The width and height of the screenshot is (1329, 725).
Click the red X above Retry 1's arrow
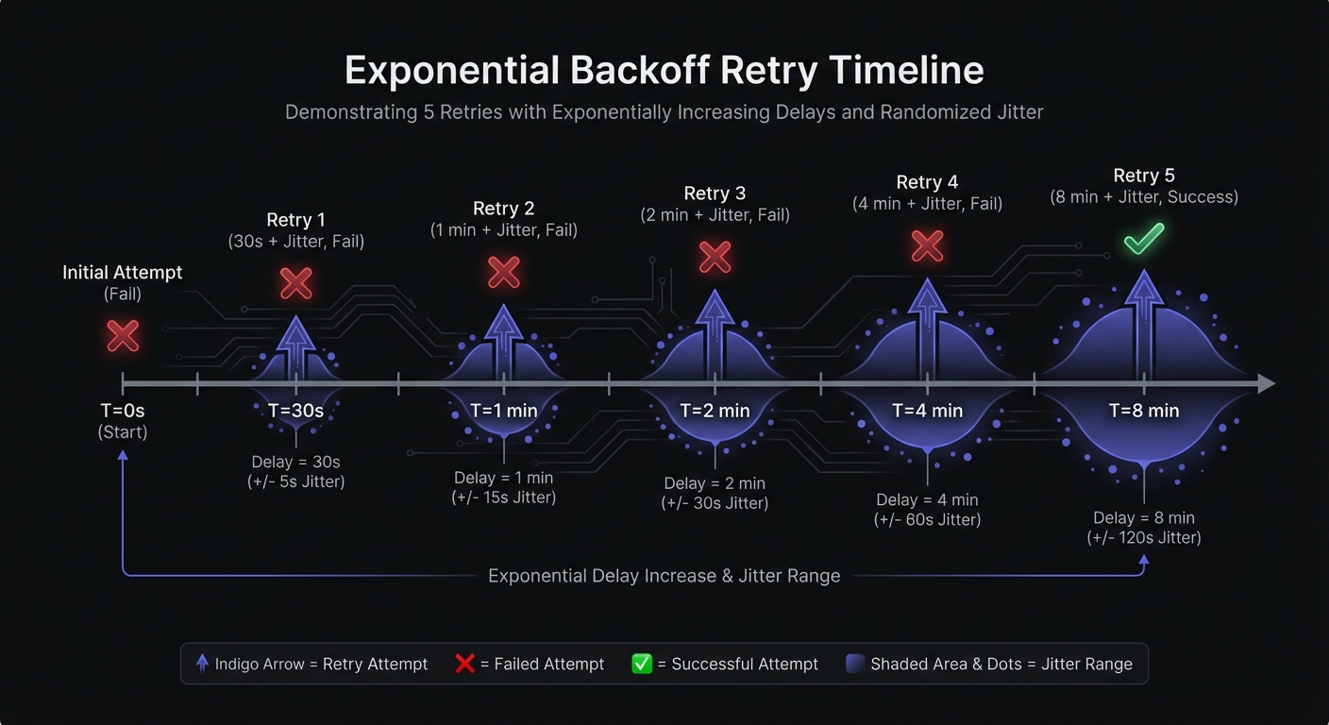(296, 283)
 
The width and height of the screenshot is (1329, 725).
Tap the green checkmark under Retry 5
(1144, 239)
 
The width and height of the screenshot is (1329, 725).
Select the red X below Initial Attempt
(123, 336)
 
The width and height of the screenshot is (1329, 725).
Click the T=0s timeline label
(122, 411)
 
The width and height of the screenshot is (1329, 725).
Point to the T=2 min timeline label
(715, 411)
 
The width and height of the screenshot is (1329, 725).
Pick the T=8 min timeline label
(1144, 411)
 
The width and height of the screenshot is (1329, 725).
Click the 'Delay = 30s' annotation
(296, 462)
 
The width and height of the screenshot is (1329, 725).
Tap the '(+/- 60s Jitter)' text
(927, 520)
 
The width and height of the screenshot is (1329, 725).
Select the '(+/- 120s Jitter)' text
(1144, 537)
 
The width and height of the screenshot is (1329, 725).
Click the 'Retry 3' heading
(715, 194)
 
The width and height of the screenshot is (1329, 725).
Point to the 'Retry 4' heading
(927, 182)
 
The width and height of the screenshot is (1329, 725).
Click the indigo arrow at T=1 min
(504, 342)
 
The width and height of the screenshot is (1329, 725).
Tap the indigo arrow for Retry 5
(1144, 325)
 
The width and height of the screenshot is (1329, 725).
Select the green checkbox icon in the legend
(642, 664)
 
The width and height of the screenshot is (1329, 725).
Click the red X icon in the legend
(464, 664)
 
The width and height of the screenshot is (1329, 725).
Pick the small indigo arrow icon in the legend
(202, 664)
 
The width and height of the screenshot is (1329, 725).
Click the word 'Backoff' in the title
(640, 70)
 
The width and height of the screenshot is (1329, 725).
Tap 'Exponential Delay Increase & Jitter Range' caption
(664, 576)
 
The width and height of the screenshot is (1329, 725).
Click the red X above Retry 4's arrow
(927, 246)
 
